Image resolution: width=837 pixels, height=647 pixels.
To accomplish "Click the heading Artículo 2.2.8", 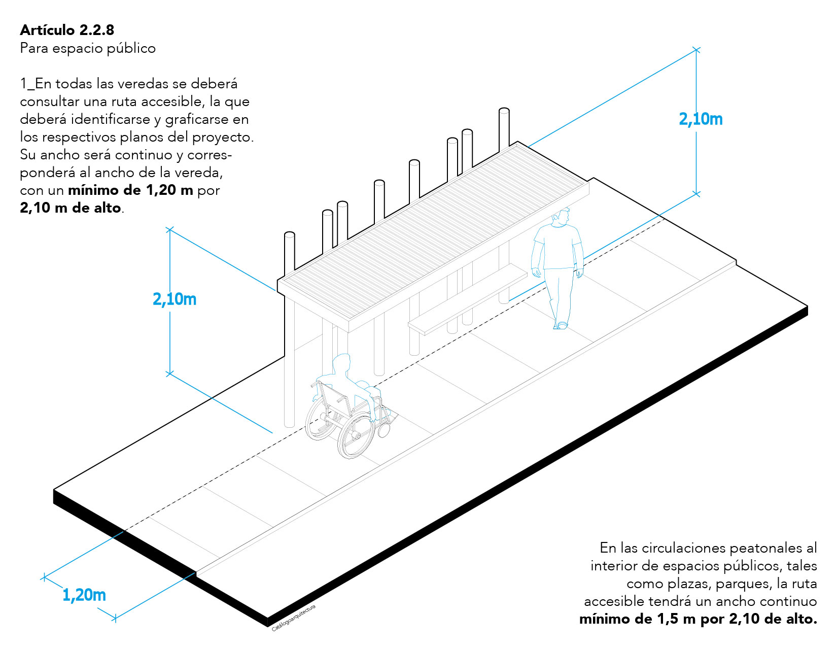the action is click(x=67, y=29).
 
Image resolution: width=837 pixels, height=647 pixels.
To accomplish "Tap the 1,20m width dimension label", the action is click(x=84, y=595).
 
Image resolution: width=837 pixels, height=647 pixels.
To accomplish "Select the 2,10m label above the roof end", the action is click(x=701, y=119).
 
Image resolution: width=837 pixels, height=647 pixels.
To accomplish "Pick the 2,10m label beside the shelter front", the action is click(x=175, y=299).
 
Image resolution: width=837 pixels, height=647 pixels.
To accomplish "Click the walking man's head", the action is click(x=561, y=217).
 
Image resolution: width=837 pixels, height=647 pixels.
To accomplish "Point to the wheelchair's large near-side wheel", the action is click(x=356, y=435).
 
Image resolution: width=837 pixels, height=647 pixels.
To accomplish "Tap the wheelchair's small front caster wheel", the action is click(x=383, y=430).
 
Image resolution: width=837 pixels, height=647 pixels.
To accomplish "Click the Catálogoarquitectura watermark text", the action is click(x=294, y=618).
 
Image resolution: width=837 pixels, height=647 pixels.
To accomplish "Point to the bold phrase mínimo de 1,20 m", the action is click(x=130, y=190).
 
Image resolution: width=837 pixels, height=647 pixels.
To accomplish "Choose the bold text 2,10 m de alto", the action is click(x=71, y=208).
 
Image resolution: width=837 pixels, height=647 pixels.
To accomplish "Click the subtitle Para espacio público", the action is click(x=88, y=48).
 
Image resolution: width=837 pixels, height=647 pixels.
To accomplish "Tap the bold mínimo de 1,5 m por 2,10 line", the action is click(x=699, y=619).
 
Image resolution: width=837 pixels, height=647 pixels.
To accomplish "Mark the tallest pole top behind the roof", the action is click(x=504, y=111).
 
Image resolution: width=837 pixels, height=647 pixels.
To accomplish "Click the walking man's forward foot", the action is click(x=563, y=326).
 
